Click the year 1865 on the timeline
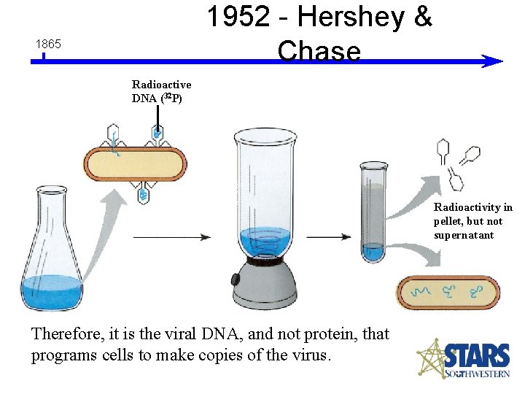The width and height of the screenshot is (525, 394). coord(48,45)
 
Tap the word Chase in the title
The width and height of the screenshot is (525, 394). coord(319,51)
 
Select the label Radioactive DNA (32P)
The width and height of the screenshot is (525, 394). coord(161,92)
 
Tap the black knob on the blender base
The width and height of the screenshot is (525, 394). coord(236,279)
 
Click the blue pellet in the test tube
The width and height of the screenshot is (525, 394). coord(373,253)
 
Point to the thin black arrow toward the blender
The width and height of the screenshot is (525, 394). coord(172,237)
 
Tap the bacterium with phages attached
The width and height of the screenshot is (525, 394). coord(136,165)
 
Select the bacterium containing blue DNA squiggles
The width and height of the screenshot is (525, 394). coord(448,293)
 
